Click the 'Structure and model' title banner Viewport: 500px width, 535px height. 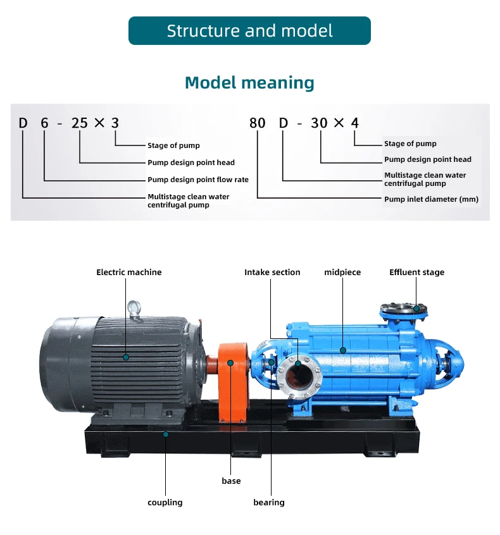249,31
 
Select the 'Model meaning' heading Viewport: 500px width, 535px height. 249,83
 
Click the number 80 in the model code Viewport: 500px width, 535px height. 258,123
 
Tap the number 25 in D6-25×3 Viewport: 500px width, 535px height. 80,123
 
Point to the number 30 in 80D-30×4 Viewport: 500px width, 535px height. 319,123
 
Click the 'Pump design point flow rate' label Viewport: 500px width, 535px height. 198,180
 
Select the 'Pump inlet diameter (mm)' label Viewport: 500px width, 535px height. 432,199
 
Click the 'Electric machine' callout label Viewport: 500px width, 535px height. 128,273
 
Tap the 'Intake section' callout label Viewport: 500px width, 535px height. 272,273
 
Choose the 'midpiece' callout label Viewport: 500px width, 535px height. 342,273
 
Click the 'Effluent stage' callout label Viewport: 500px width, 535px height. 416,273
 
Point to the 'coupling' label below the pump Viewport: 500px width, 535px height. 165,502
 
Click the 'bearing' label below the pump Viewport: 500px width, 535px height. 269,502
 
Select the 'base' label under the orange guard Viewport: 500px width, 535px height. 231,481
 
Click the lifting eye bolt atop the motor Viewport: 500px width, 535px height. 134,309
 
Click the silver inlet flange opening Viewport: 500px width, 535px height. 297,376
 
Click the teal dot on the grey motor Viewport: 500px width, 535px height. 126,357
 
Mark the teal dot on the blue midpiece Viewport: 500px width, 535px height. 343,349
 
